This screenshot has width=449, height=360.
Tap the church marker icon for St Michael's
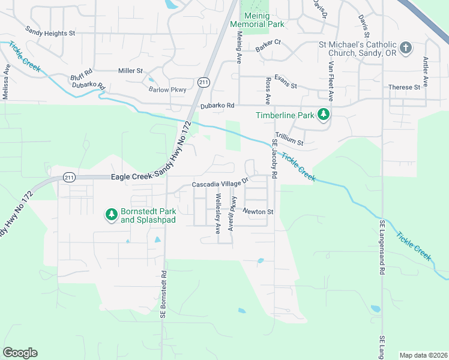coord(406,47)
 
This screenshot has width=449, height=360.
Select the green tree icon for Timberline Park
coord(324,114)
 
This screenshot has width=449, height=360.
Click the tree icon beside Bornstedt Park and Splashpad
coord(111,214)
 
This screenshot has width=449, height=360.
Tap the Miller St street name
coord(130,71)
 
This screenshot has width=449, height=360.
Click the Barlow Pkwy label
coord(167,89)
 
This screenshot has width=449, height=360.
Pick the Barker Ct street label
coord(268,42)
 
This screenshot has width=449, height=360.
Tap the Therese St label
coord(404,87)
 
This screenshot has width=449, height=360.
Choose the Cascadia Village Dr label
coord(220,184)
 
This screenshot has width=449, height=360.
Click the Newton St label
coord(258,211)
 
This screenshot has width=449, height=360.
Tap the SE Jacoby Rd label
coord(274,159)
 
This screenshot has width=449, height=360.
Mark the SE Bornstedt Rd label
coord(162,293)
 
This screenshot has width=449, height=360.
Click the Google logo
coord(20,353)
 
